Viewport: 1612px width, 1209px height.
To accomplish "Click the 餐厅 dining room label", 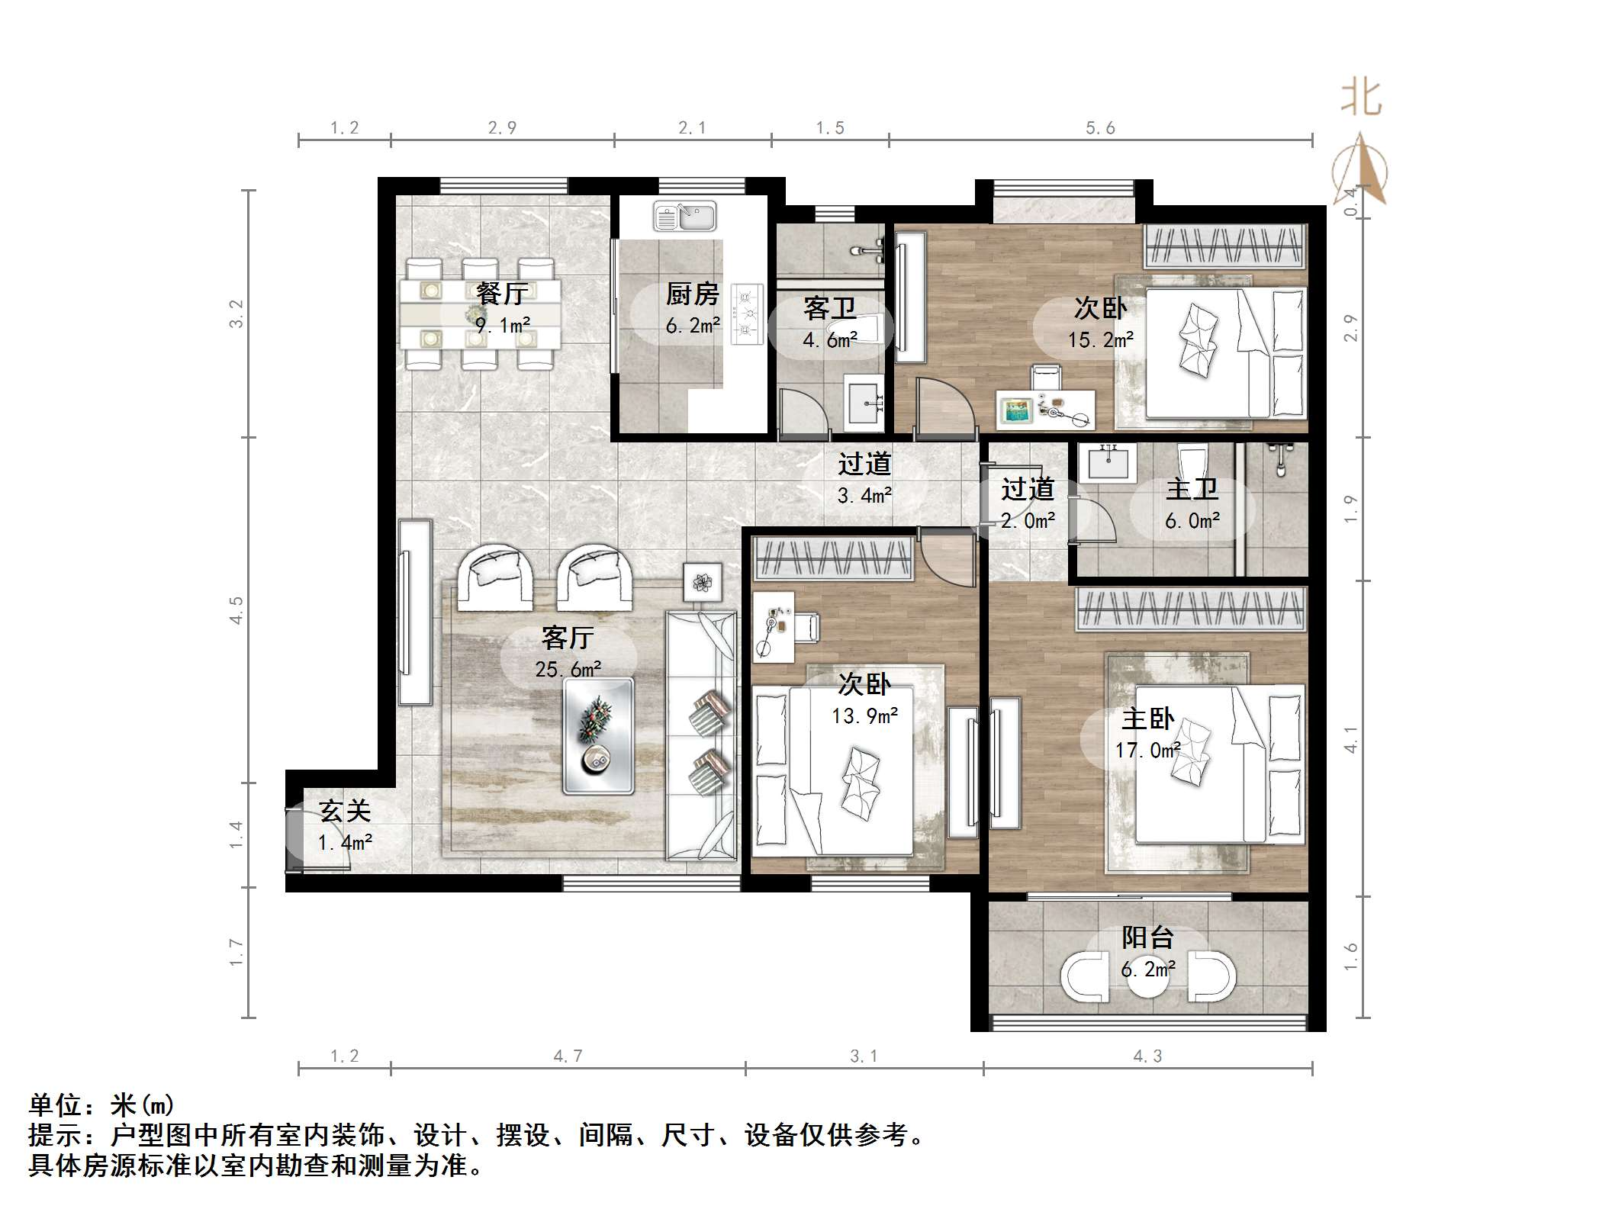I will coord(501,293).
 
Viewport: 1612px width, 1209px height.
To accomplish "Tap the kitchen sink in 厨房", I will coord(684,217).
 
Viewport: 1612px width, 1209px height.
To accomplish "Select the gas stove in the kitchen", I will coord(747,314).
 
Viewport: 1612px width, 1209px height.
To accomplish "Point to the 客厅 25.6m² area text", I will coord(568,669).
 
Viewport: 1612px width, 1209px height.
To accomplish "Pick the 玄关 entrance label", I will coord(345,811).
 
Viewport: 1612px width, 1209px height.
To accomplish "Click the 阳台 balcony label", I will coord(1147,937).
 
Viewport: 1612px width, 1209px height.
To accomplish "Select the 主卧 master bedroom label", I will coord(1147,719).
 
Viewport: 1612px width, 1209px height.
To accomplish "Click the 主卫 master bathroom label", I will coord(1192,489).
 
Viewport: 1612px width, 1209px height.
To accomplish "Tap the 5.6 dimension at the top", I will coord(1100,128).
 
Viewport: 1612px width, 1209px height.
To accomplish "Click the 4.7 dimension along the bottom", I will coord(568,1056).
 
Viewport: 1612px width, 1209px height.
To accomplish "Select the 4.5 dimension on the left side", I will coord(236,610).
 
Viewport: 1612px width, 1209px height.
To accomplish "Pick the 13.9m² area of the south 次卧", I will coord(864,715).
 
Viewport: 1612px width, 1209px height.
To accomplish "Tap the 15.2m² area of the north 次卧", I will coord(1100,339).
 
